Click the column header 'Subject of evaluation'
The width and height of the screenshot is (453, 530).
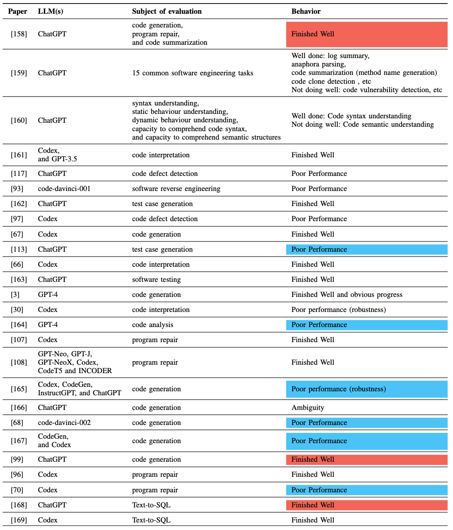[167, 11]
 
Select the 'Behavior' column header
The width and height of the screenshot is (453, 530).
[306, 11]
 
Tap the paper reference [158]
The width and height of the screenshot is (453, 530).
[19, 34]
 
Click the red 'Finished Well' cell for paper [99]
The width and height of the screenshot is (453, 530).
[367, 460]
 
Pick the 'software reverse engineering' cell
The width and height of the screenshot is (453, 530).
[176, 189]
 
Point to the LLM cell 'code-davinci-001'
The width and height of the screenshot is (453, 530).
[64, 189]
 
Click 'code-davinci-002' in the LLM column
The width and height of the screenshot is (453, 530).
[64, 423]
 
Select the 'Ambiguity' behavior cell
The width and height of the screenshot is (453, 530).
[308, 408]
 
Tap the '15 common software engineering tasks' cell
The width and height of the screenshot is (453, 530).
[192, 73]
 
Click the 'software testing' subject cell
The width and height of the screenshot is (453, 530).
[156, 280]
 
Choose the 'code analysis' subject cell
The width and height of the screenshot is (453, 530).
[152, 325]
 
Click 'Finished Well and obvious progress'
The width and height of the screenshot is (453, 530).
[347, 295]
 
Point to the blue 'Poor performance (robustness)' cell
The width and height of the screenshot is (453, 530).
[367, 389]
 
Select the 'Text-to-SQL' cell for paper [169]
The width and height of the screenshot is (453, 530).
[151, 520]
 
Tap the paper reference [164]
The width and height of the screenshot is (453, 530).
[19, 325]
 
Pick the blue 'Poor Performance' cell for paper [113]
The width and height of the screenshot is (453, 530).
[367, 249]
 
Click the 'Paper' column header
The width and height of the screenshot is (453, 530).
[18, 11]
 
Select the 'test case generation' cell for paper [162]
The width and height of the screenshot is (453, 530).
[162, 204]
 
